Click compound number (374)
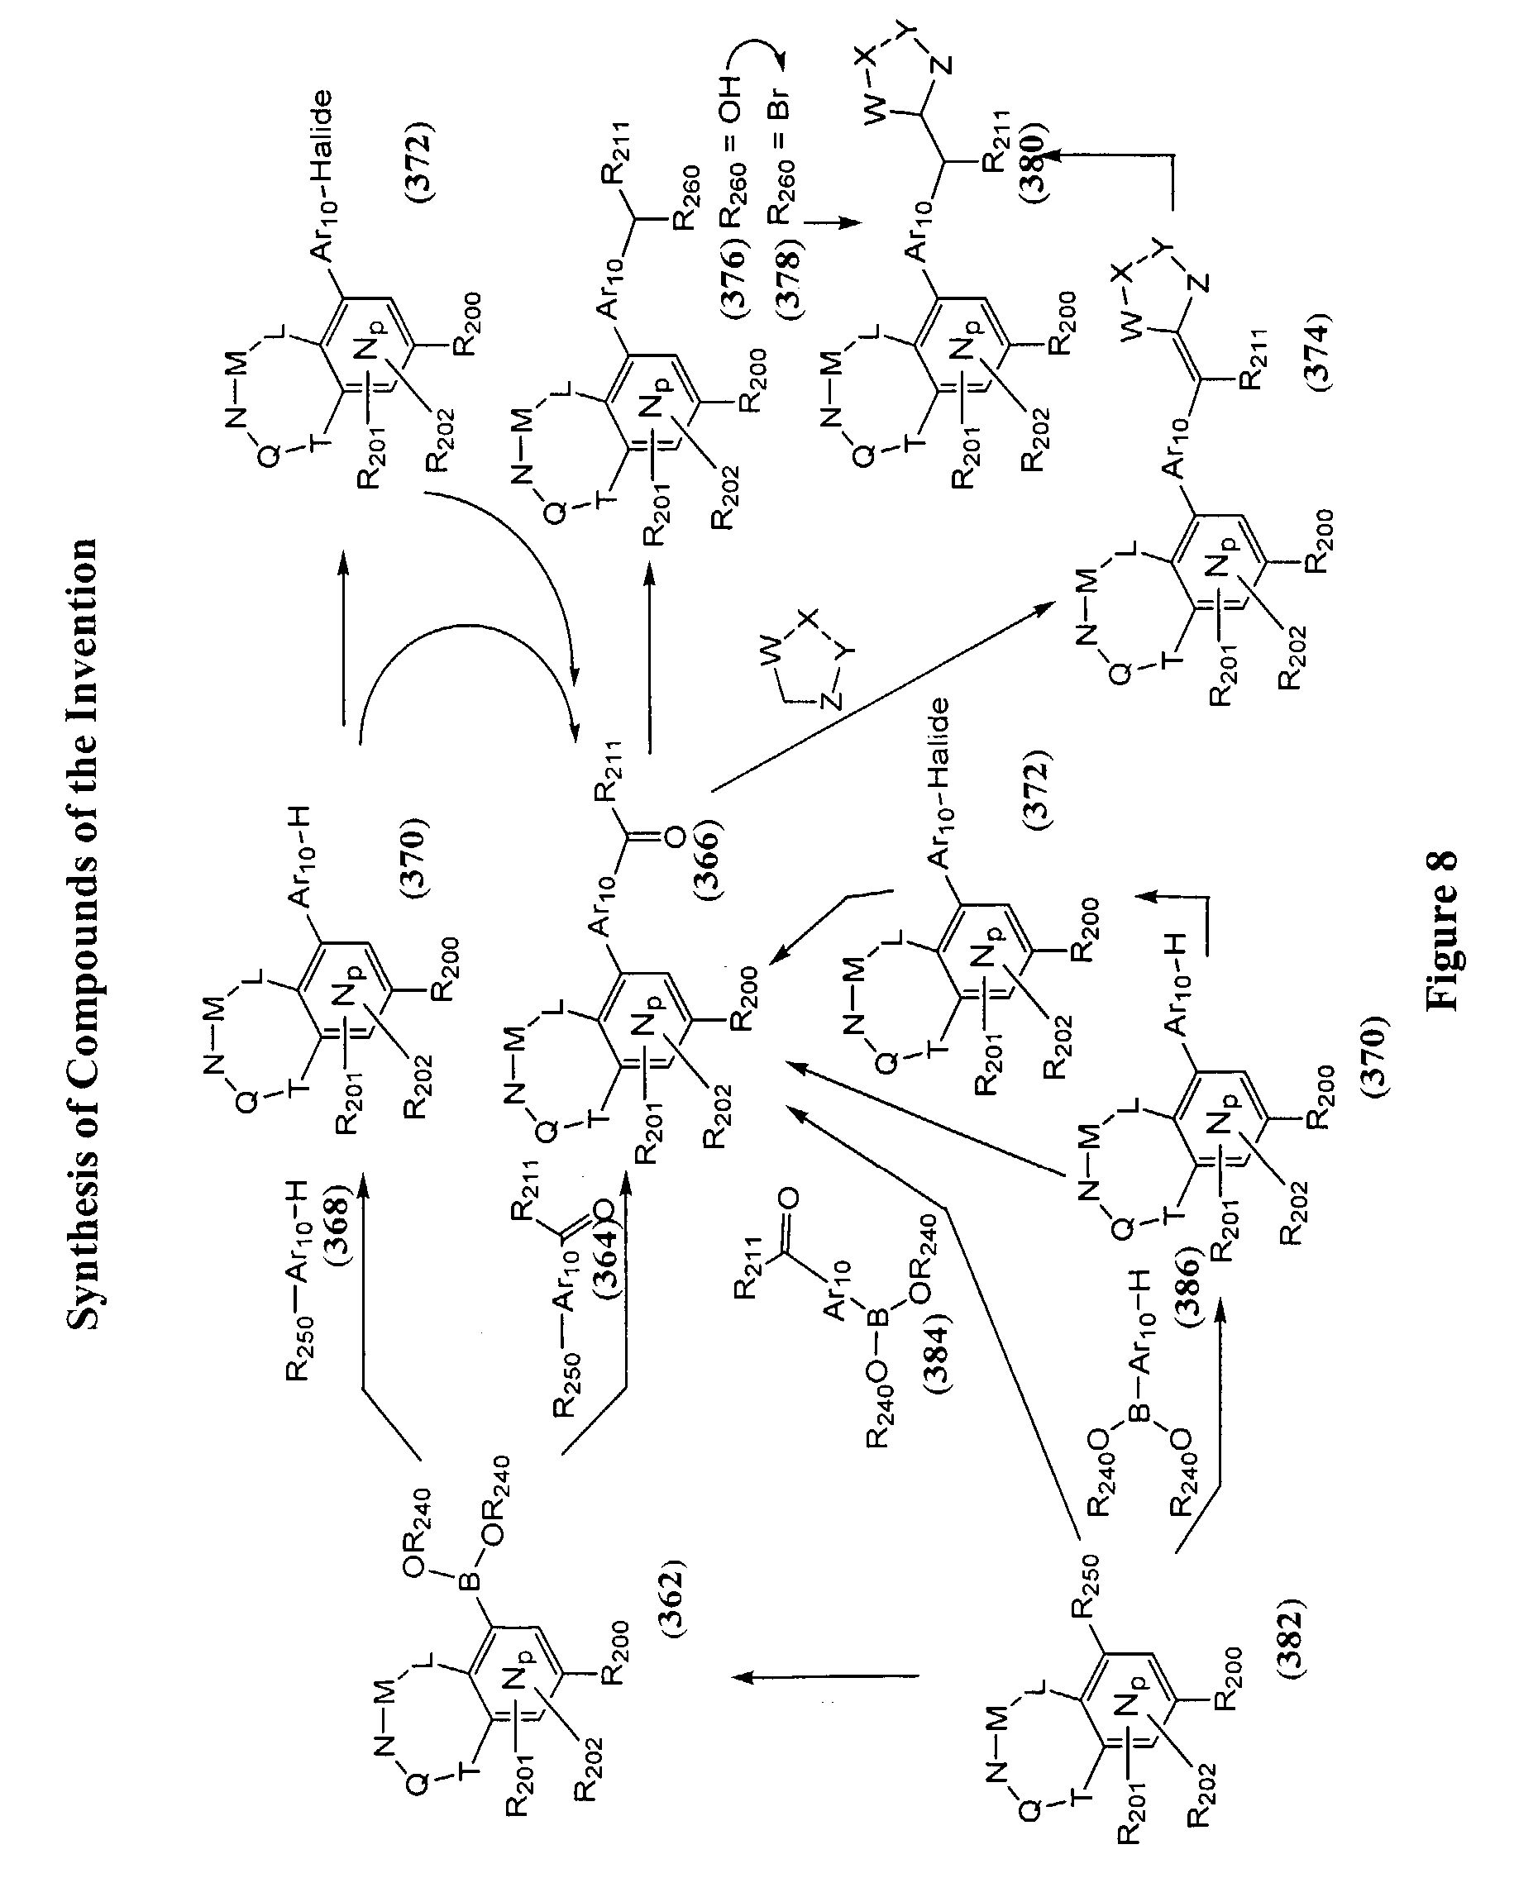[x=1318, y=351]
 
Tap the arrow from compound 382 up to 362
[x=827, y=1678]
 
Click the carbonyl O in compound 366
[x=674, y=836]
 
